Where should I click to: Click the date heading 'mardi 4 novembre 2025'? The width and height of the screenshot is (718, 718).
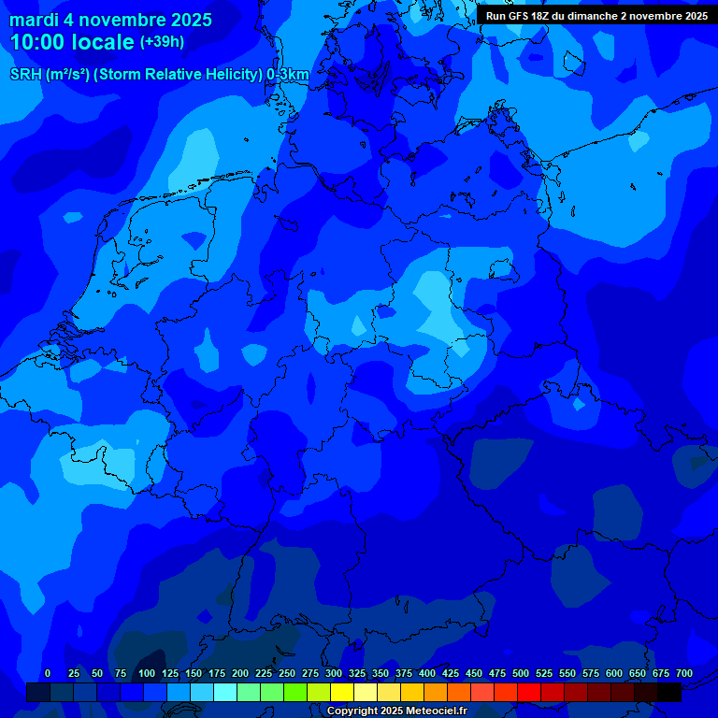coord(110,20)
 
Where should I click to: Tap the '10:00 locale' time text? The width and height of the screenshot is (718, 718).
coord(72,42)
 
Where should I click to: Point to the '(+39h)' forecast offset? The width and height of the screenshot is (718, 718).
coord(162,42)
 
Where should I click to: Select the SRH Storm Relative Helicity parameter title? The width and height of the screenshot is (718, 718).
coord(159,75)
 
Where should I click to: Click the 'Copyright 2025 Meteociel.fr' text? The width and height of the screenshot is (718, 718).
coord(396,711)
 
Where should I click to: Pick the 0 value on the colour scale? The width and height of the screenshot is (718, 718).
coord(48,673)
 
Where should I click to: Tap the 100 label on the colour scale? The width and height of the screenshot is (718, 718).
coord(147,673)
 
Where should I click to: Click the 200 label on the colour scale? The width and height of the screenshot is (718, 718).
coord(240,673)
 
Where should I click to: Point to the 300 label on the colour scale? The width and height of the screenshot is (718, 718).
coord(334,673)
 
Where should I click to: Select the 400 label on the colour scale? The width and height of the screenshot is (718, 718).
coord(427,673)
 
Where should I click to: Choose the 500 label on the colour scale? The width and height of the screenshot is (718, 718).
coord(521,673)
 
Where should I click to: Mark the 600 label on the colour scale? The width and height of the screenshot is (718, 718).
coord(614,673)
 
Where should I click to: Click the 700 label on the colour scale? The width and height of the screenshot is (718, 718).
coord(684,673)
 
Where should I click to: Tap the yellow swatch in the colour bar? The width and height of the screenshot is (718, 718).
coord(342,693)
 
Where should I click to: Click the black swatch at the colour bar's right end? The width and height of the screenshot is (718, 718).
coord(669,693)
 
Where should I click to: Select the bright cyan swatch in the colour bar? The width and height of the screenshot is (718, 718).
coord(225,693)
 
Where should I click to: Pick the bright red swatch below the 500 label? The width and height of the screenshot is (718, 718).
coord(529,693)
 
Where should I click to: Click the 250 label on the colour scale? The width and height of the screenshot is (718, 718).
coord(287,673)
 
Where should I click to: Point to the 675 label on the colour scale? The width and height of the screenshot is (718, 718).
coord(661,673)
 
